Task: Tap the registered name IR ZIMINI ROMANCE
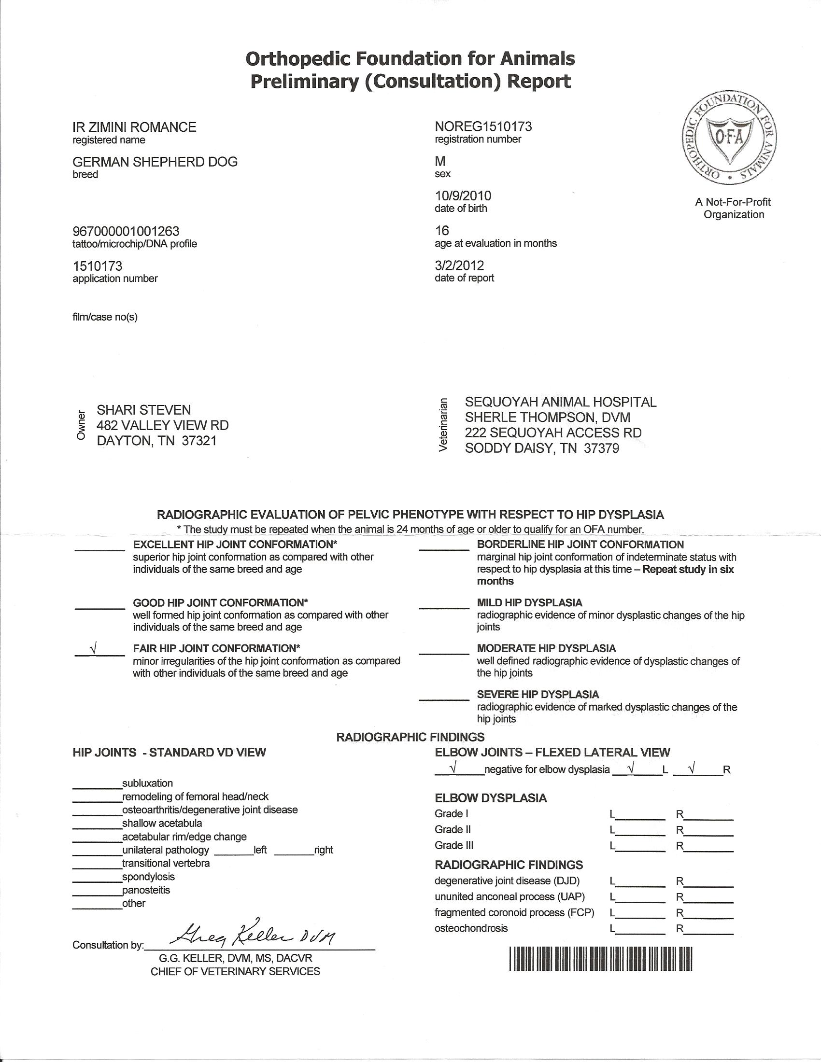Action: coord(134,127)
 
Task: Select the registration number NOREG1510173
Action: coord(483,126)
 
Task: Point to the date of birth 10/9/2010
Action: coord(463,196)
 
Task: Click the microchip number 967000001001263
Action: coord(126,231)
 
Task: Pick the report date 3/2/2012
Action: coord(459,265)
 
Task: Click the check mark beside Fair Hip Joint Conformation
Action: coord(93,649)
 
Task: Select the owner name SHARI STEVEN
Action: coord(144,410)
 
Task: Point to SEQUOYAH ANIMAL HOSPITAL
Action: coord(560,402)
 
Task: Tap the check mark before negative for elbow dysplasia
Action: coord(453,769)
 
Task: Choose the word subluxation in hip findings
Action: coord(147,783)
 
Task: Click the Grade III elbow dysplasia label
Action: coord(454,845)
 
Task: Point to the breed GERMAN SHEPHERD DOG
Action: coord(155,162)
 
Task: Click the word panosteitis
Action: coord(146,890)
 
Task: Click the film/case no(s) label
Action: coord(105,317)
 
